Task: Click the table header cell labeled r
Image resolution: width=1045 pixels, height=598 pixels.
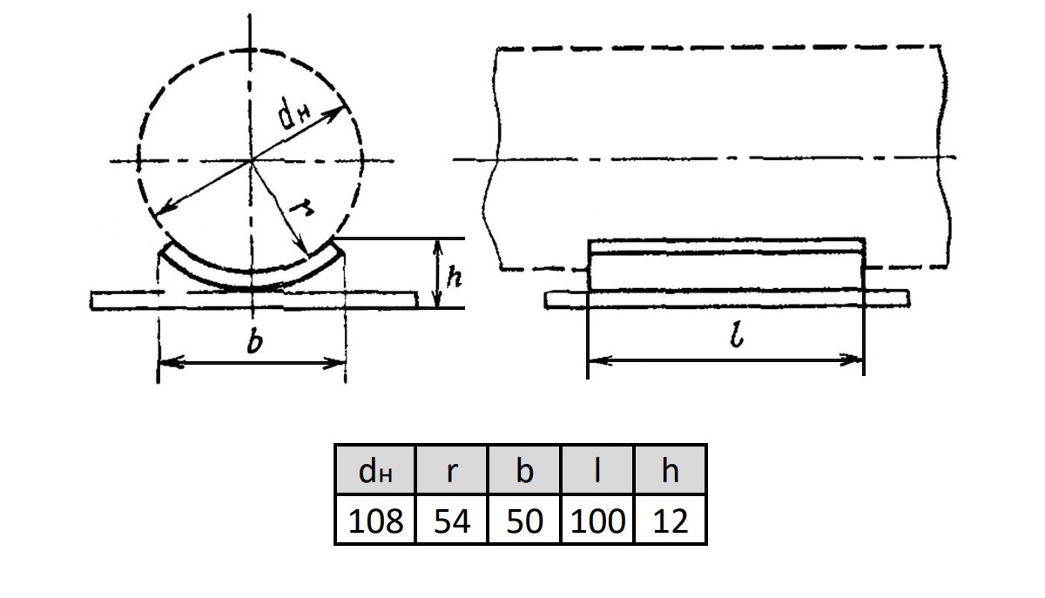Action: [451, 470]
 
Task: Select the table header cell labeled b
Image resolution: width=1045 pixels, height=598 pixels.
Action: [524, 470]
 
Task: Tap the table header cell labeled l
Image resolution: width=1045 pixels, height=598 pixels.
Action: [597, 470]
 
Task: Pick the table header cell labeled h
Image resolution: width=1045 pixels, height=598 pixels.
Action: [671, 470]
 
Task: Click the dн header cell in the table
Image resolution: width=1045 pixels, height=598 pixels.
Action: [375, 470]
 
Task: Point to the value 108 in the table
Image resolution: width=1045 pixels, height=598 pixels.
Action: [375, 520]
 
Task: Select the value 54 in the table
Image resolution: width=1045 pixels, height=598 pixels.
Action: [451, 520]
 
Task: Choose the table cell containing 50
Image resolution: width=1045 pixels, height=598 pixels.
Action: [524, 520]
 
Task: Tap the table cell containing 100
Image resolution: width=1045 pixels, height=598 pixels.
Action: [597, 520]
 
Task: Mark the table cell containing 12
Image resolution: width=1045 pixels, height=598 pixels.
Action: [671, 520]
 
